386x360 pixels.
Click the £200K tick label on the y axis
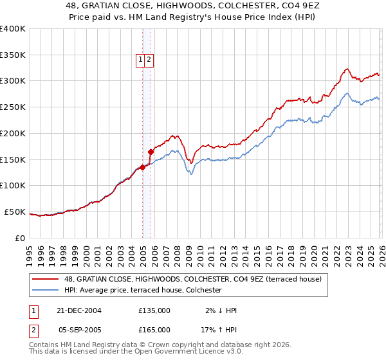[13, 133]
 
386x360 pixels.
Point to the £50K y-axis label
[15, 212]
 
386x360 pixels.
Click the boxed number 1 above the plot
[140, 60]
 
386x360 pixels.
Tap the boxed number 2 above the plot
[149, 60]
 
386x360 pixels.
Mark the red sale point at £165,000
[151, 152]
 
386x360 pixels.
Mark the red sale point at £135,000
[142, 168]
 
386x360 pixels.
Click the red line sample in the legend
[46, 279]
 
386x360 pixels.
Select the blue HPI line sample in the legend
[46, 291]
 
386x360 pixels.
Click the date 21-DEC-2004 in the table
[79, 310]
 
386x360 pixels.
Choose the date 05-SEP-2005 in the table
[79, 330]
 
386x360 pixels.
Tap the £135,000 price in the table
[154, 310]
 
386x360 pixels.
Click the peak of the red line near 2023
[346, 69]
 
